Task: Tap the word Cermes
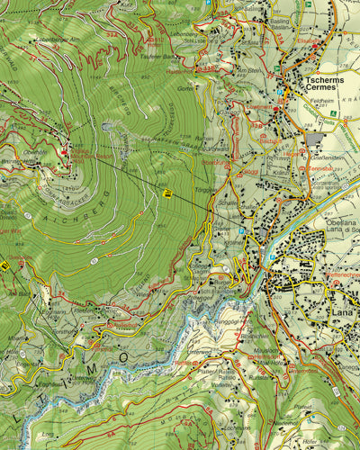coord(321,87)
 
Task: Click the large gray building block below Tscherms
coord(316,139)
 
